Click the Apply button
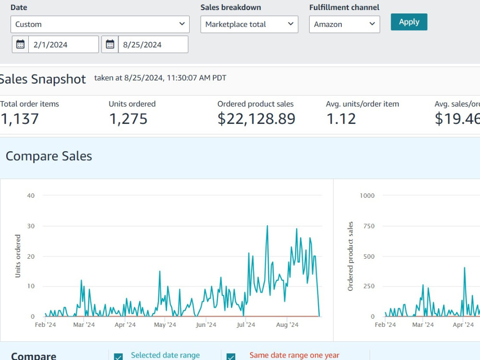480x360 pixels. [408, 22]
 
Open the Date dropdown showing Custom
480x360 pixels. [100, 24]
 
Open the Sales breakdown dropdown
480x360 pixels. [249, 24]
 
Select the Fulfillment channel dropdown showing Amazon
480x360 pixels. [344, 24]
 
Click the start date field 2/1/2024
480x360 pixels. [63, 45]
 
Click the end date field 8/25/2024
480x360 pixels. [153, 45]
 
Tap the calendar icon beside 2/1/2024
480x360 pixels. [20, 44]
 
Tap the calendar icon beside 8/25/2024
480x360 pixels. [110, 44]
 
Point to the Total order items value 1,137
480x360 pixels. [19, 119]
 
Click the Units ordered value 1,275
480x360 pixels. [128, 119]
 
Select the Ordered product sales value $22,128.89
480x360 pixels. [256, 119]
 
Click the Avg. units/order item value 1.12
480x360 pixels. [341, 119]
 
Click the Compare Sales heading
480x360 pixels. [48, 156]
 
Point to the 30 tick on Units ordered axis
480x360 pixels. [31, 226]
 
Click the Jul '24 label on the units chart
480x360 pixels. [246, 325]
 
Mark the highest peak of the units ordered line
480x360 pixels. [267, 226]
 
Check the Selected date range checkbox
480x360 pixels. [119, 357]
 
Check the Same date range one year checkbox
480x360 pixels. [231, 357]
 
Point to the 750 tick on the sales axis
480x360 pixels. [369, 226]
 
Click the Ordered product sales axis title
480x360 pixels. [350, 256]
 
